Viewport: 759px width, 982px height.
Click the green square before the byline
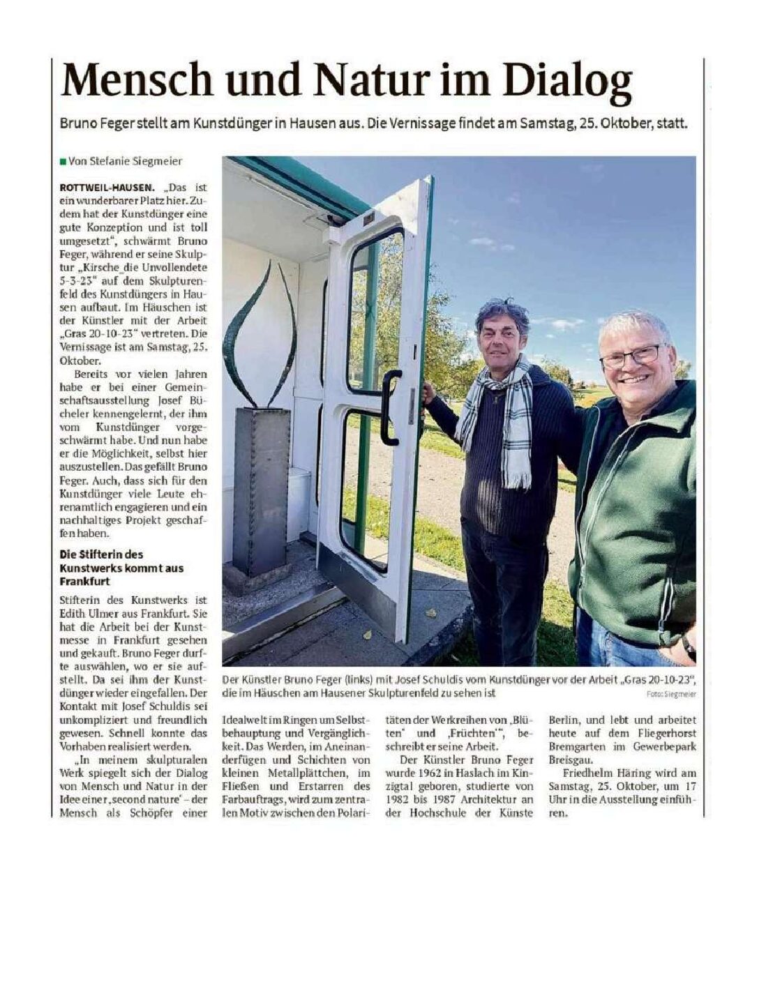63,162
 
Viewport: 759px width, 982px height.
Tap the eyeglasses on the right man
632,356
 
